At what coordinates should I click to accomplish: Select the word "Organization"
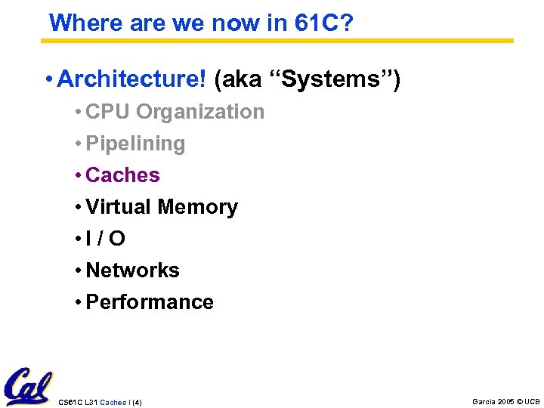pyautogui.click(x=200, y=112)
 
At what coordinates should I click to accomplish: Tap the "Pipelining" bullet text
pyautogui.click(x=135, y=144)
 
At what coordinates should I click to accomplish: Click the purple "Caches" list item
pyautogui.click(x=122, y=175)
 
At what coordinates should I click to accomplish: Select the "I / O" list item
pyautogui.click(x=106, y=239)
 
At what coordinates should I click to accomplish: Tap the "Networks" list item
pyautogui.click(x=132, y=270)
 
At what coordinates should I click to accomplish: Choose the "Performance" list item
pyautogui.click(x=150, y=302)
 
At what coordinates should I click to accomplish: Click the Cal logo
pyautogui.click(x=27, y=387)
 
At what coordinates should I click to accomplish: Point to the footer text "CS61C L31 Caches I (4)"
pyautogui.click(x=100, y=402)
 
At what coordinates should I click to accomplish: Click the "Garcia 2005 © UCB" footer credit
pyautogui.click(x=505, y=401)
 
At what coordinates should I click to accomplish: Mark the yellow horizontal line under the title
pyautogui.click(x=280, y=41)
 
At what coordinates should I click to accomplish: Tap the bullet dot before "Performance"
pyautogui.click(x=79, y=303)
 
